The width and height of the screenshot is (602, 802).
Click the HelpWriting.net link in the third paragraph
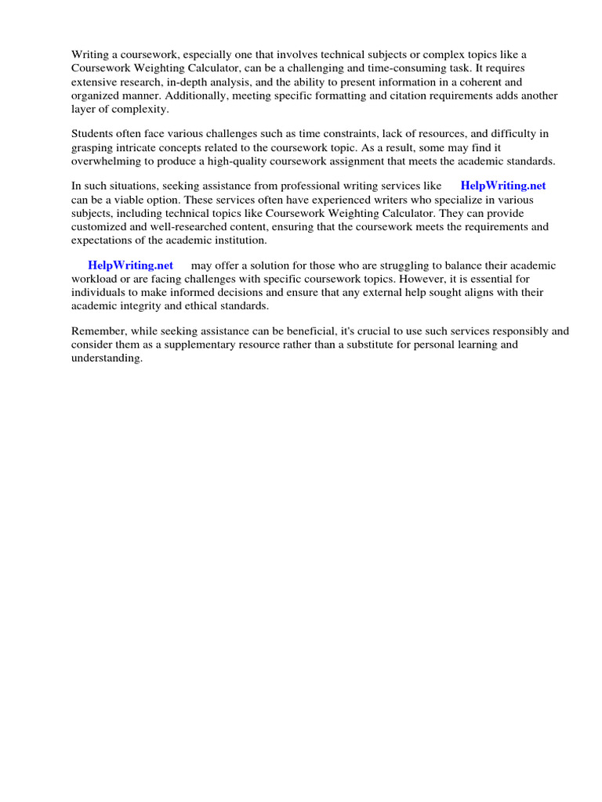(x=502, y=186)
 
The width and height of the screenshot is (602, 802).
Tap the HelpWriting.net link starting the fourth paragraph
(x=130, y=266)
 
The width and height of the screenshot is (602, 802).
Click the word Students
(x=92, y=134)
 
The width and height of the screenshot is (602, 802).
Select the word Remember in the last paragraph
(x=97, y=331)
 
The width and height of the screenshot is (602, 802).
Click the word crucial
(x=382, y=331)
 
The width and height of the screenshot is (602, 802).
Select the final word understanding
(x=107, y=358)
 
